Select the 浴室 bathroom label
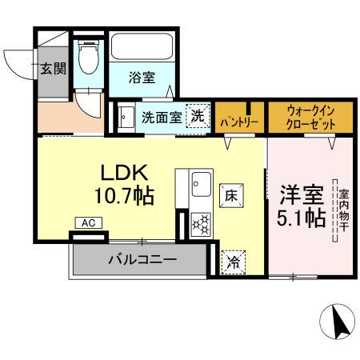144,78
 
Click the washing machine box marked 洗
197,116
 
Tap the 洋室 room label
302,194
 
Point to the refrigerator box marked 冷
234,260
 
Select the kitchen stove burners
199,224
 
